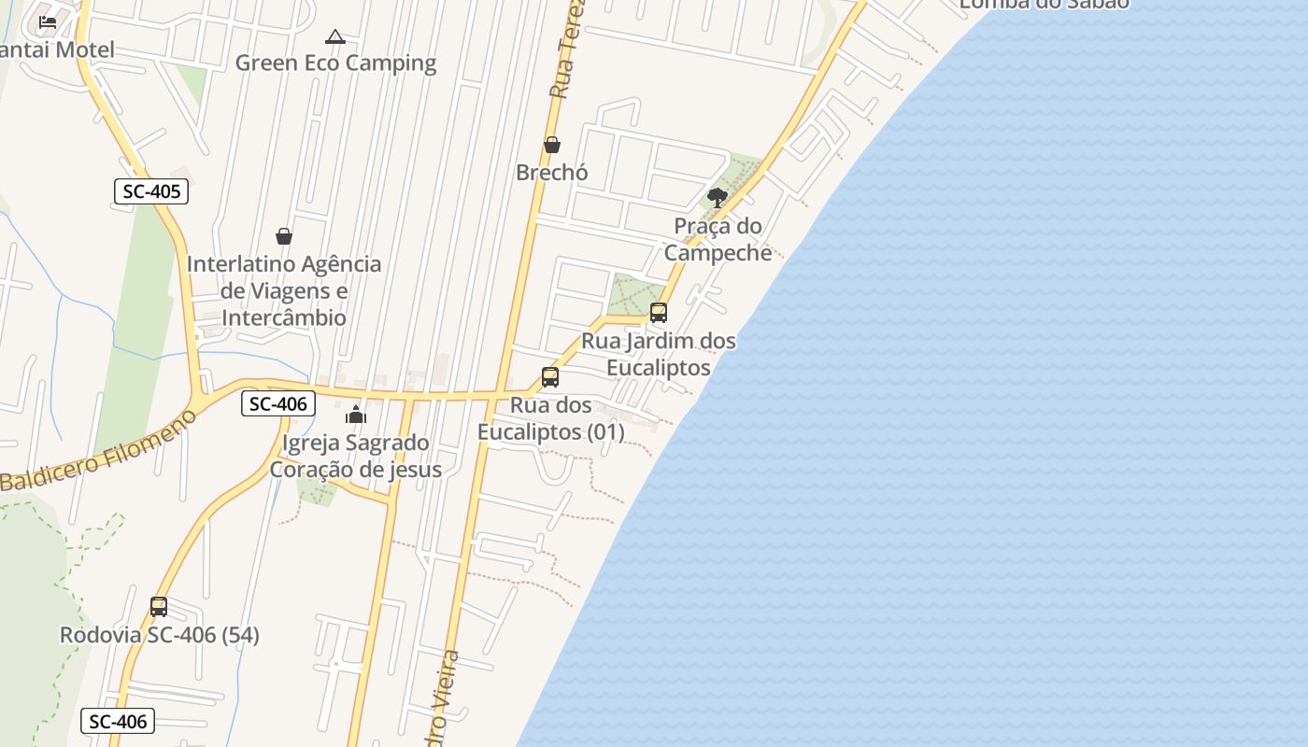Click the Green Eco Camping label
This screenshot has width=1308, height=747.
[x=335, y=63]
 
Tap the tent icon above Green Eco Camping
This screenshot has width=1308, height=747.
[x=335, y=37]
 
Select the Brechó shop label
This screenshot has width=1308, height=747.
[x=552, y=173]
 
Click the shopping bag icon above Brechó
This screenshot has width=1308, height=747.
[x=552, y=145]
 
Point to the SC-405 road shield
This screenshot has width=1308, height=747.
[x=151, y=192]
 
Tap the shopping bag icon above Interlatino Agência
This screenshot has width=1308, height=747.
[x=284, y=236]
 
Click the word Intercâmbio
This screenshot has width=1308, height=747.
[x=283, y=317]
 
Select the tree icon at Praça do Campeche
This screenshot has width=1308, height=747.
[x=718, y=197]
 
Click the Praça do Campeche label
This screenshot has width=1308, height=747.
[x=718, y=239]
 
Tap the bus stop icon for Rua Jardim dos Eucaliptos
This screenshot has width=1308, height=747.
[x=659, y=313]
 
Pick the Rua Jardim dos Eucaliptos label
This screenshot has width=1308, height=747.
[x=659, y=354]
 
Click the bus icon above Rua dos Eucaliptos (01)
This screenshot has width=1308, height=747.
[x=550, y=377]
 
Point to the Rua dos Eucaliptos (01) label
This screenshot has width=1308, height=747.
[x=550, y=418]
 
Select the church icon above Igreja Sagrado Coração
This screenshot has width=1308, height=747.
[x=356, y=415]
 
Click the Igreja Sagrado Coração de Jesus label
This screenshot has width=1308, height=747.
[x=356, y=456]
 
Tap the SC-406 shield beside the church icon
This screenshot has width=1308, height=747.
[x=277, y=403]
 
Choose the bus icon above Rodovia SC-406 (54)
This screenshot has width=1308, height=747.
[x=159, y=607]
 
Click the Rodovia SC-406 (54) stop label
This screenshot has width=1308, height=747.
[x=160, y=635]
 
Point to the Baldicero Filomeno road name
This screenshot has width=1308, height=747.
[x=98, y=453]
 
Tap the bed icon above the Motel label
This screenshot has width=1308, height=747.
[x=48, y=21]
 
